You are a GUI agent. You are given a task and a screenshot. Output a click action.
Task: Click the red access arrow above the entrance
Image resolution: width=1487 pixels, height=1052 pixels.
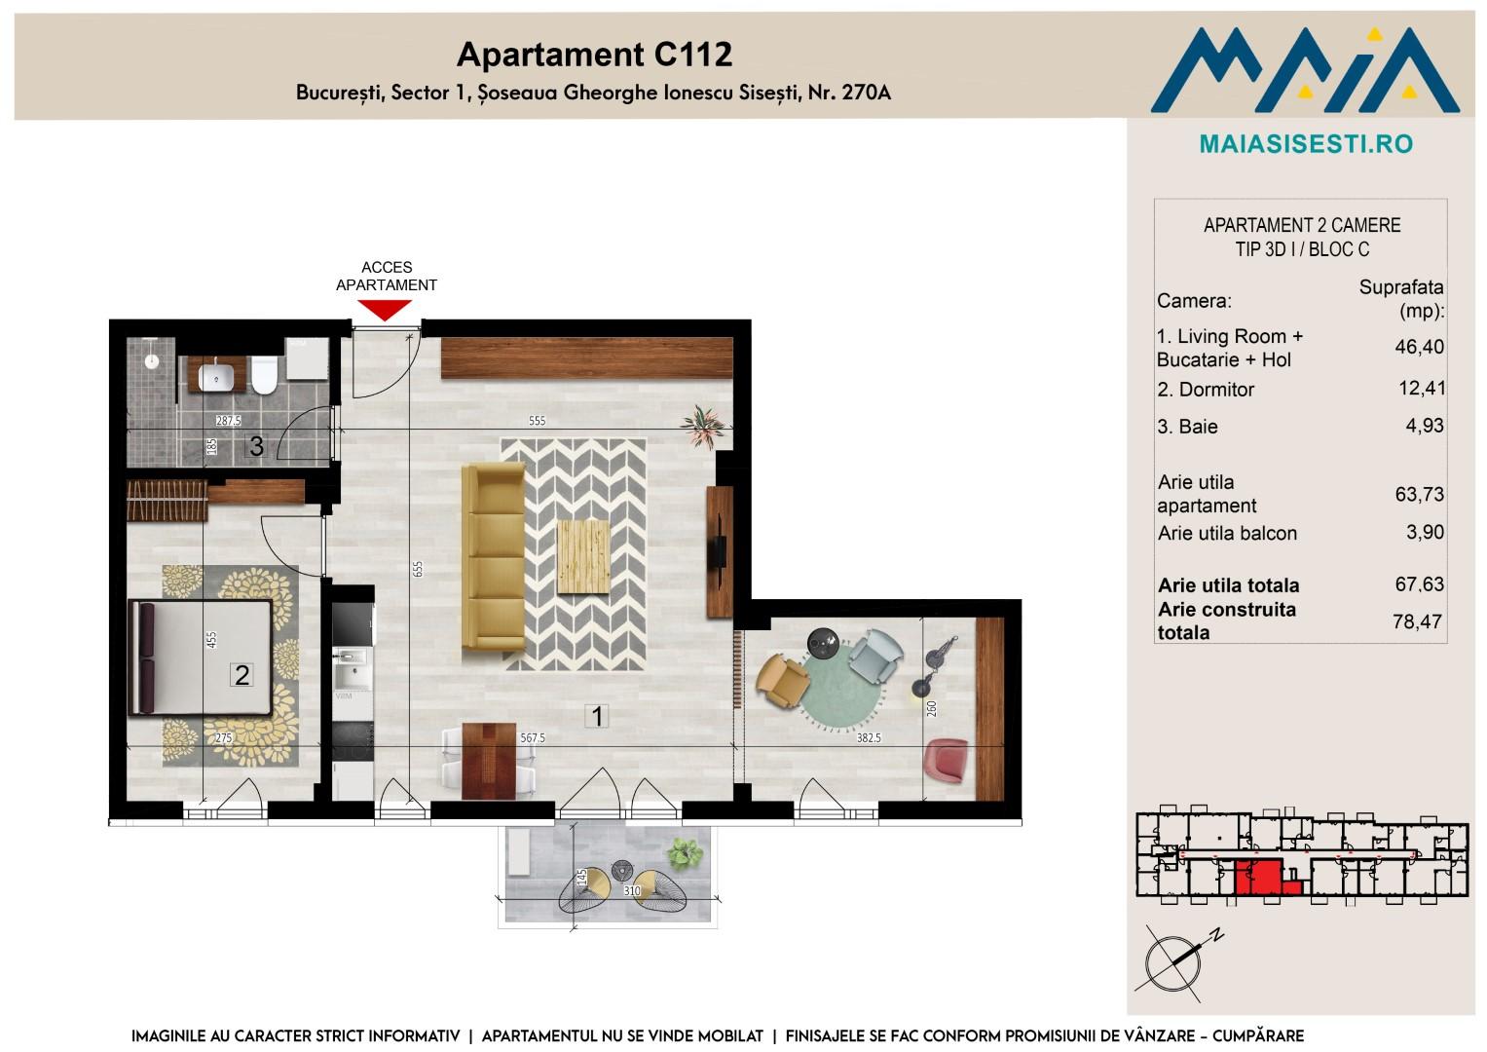[385, 310]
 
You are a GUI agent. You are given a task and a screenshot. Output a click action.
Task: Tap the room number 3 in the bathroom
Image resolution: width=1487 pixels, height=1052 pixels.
[256, 446]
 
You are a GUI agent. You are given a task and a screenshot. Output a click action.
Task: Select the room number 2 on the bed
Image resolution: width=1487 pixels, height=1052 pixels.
[242, 675]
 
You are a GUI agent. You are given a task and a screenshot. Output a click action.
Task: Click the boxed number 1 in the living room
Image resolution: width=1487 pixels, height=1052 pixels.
[597, 716]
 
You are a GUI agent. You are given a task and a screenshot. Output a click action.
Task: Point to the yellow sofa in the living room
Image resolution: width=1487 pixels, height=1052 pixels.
[494, 556]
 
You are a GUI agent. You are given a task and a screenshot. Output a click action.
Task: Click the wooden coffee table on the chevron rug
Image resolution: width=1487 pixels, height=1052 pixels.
[583, 556]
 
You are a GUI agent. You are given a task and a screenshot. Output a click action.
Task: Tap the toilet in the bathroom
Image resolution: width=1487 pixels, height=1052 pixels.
[264, 375]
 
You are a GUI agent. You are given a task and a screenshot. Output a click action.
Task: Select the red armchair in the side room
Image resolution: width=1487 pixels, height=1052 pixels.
[946, 759]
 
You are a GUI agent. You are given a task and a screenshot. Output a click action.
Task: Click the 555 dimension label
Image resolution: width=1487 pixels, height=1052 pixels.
[537, 421]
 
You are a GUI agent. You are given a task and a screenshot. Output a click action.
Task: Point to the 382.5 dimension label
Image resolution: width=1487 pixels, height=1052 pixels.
[869, 738]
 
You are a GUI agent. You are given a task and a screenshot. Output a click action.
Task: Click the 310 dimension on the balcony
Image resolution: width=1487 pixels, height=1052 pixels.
[632, 890]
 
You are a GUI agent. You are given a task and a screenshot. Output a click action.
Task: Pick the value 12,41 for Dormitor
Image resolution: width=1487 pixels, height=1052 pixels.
[1422, 388]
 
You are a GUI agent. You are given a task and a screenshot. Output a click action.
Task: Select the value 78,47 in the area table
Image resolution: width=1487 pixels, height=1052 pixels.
[1417, 621]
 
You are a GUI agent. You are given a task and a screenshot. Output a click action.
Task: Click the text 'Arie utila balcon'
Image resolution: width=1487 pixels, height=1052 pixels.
[1227, 534]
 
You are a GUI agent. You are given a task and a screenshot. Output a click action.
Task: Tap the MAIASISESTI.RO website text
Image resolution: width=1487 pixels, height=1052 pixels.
[1307, 144]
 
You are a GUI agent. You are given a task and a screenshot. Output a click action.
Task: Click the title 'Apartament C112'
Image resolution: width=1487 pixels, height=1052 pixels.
[595, 55]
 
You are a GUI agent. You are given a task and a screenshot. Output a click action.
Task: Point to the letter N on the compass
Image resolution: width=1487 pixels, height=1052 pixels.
[1216, 936]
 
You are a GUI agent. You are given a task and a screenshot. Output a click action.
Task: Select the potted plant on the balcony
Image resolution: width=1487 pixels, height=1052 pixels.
[685, 852]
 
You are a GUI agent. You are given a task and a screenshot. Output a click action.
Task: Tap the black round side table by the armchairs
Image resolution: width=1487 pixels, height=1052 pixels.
[823, 643]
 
